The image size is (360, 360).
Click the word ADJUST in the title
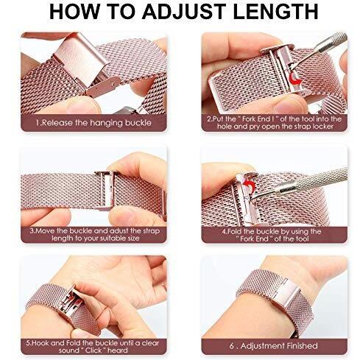pyautogui.click(x=184, y=12)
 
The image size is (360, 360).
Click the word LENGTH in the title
pyautogui.click(x=275, y=12)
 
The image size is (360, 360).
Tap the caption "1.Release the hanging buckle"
pyautogui.click(x=93, y=122)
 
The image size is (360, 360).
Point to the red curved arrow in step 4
pyautogui.click(x=250, y=186)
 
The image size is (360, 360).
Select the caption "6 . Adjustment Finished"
pyautogui.click(x=274, y=346)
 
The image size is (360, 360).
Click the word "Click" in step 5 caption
pyautogui.click(x=94, y=350)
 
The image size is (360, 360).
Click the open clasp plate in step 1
pyautogui.click(x=81, y=59)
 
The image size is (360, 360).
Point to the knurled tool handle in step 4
pyautogui.click(x=309, y=183)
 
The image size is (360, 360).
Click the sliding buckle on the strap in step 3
pyautogui.click(x=107, y=190)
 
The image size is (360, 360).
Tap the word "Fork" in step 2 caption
pyautogui.click(x=250, y=119)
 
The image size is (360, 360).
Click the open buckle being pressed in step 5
pyautogui.click(x=71, y=300)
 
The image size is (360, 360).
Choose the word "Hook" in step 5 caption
pyautogui.click(x=39, y=343)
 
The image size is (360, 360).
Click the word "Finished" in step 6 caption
pyautogui.click(x=302, y=346)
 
